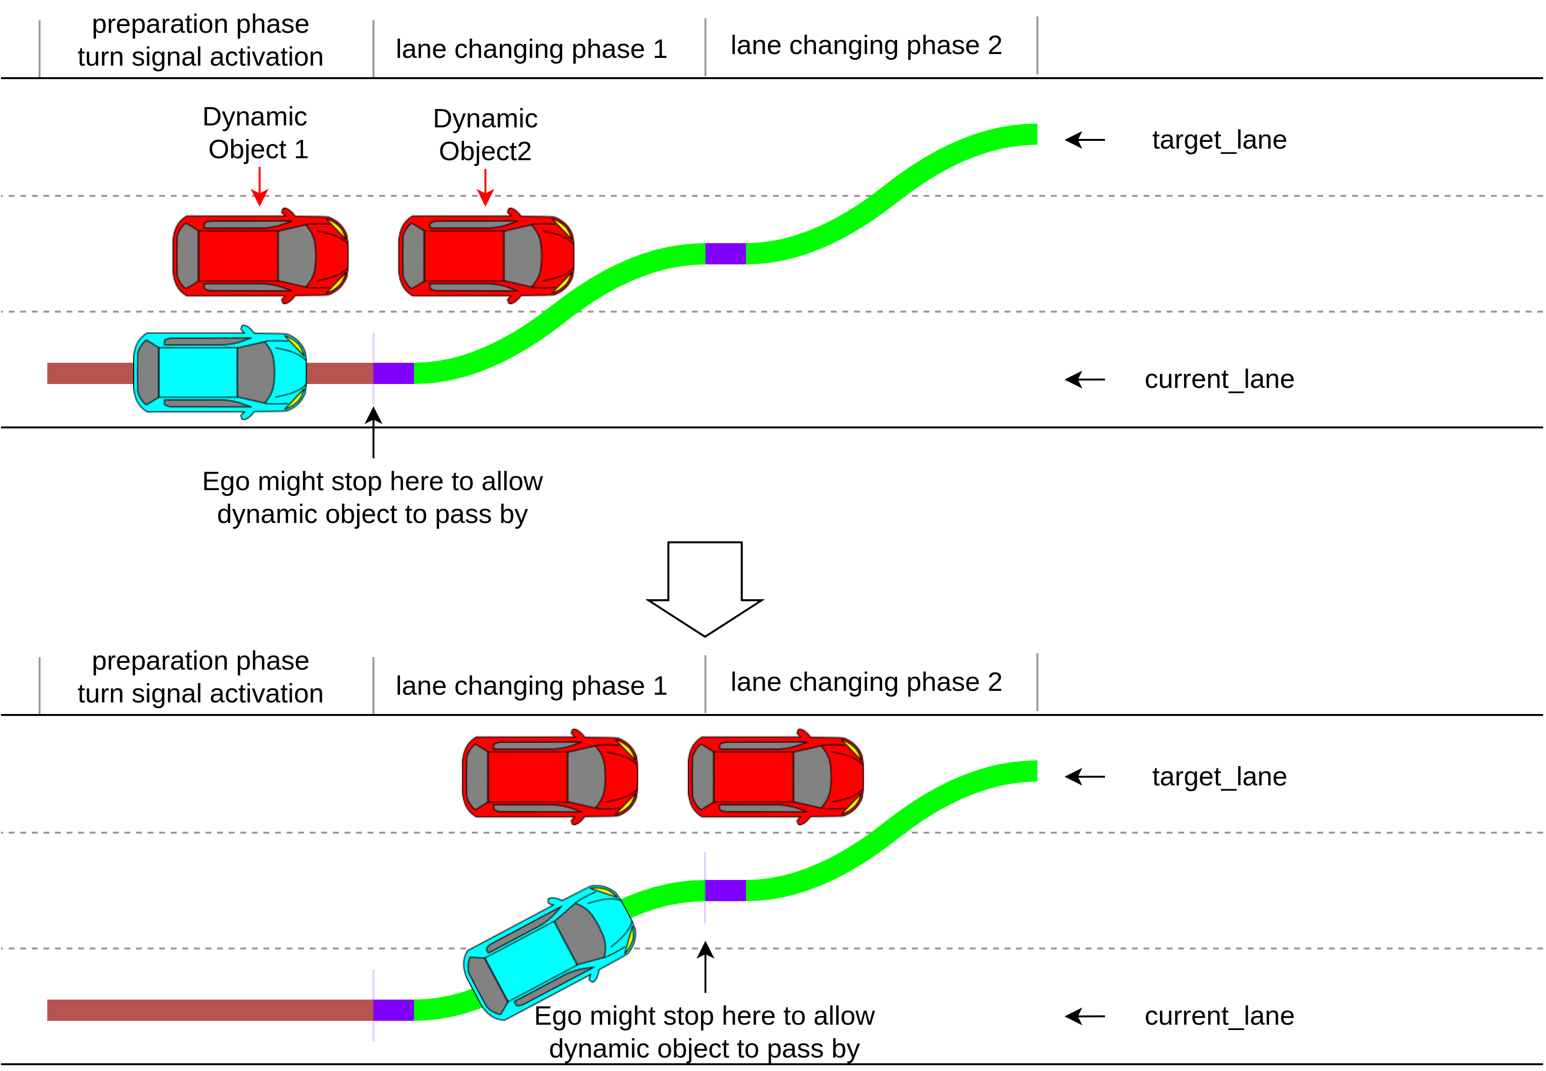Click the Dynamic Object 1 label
coord(256,133)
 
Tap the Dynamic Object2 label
coord(485,135)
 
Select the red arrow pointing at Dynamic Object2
coord(485,187)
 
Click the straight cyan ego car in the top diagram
coord(220,372)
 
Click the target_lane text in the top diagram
coord(1218,139)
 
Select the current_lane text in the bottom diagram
coord(1218,1016)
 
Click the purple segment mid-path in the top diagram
coord(725,254)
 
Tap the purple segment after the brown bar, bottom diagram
coord(393,1010)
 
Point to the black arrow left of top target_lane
coord(1084,139)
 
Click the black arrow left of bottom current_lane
coord(1084,1016)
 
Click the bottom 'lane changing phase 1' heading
coord(531,686)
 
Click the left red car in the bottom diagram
coord(550,776)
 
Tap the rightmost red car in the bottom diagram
coord(776,776)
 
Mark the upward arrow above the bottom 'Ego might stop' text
coord(705,966)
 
